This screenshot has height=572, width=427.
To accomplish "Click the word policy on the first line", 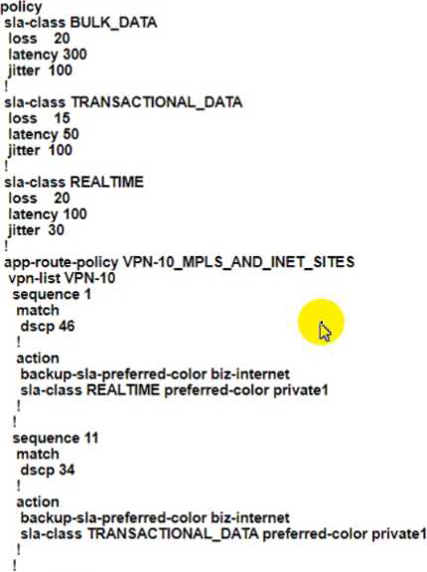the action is [x=21, y=7].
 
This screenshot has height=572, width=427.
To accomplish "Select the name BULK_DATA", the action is [x=113, y=23].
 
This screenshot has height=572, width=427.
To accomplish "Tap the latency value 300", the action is [x=74, y=55].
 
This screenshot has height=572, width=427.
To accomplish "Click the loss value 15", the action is [x=62, y=118].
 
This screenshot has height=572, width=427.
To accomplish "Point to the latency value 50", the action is [x=71, y=134].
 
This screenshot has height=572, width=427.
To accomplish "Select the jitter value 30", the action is [x=57, y=229].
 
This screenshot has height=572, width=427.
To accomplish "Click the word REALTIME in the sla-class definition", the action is [x=107, y=182].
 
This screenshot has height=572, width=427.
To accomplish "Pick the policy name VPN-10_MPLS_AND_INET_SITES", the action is [x=238, y=262].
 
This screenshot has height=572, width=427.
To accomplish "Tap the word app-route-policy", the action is [x=62, y=262].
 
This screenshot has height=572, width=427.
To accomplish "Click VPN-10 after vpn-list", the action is [x=89, y=278].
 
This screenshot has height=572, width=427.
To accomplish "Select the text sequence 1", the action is [x=52, y=294].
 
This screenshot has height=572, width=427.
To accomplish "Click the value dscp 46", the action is [x=48, y=326].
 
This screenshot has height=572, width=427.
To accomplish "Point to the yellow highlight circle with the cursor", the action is [x=321, y=322].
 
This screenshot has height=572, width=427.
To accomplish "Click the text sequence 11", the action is [x=56, y=438].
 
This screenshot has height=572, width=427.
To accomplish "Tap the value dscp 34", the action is [x=48, y=470].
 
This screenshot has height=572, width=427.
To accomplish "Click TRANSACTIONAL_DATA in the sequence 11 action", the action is [x=173, y=533].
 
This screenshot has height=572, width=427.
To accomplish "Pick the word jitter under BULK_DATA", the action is [x=24, y=71].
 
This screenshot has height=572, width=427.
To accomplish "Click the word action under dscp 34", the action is [x=38, y=501].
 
